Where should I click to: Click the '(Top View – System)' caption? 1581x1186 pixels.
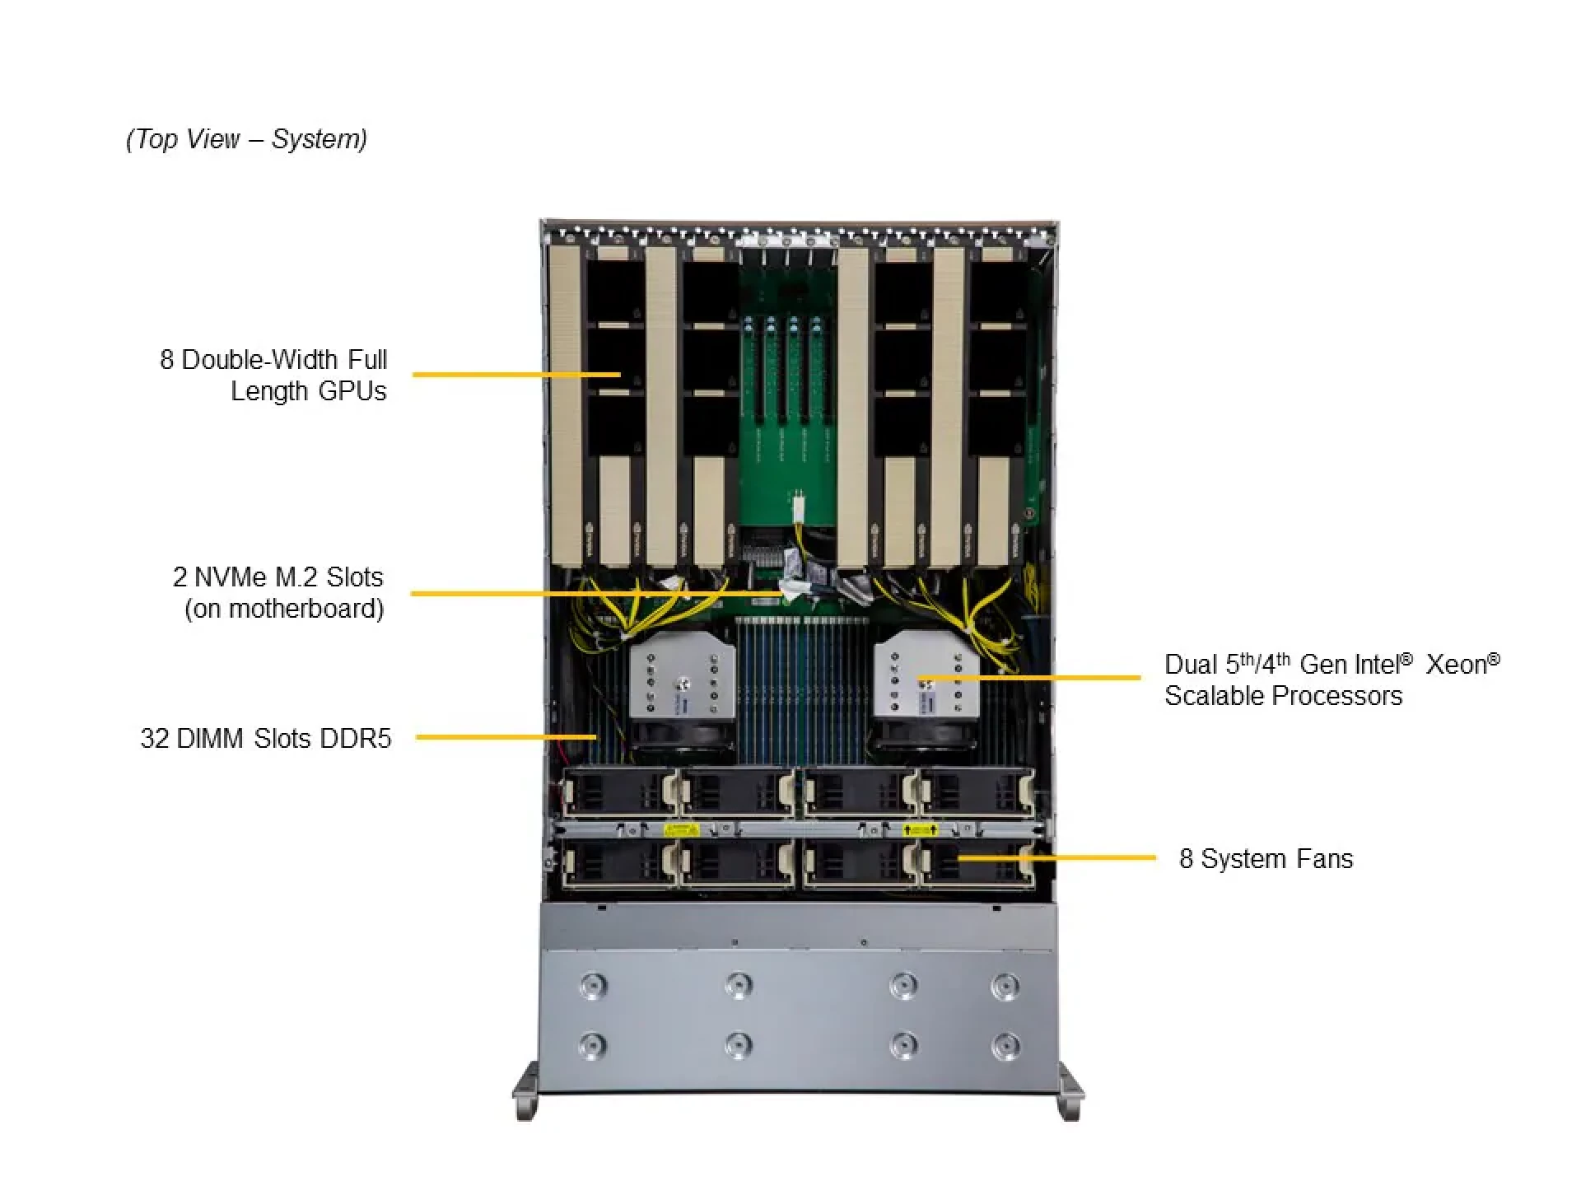[246, 139]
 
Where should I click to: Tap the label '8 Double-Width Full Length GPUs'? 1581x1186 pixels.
[273, 375]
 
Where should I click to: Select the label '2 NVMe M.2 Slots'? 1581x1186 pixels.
[278, 577]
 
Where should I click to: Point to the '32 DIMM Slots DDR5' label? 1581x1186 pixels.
[265, 738]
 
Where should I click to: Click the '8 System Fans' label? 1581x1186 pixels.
[1266, 859]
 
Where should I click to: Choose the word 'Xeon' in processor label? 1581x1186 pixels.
[1456, 665]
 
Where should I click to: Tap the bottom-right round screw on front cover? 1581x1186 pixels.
[1005, 1046]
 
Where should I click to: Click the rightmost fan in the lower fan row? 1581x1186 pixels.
[977, 864]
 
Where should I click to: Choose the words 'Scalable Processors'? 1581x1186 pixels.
[1282, 696]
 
